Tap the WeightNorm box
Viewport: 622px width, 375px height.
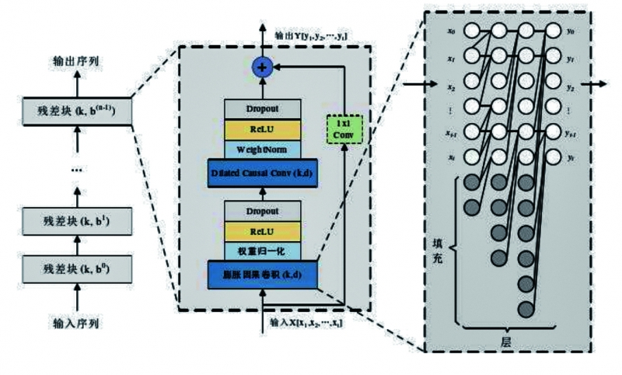[x=260, y=148]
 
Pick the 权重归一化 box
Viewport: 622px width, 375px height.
[x=260, y=251]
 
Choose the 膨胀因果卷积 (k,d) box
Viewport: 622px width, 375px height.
[x=260, y=275]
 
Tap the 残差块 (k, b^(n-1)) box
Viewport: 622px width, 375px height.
[x=76, y=110]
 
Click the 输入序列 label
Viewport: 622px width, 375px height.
[x=76, y=322]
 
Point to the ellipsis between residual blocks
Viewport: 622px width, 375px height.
[x=76, y=168]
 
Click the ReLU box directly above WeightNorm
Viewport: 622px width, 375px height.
[x=260, y=126]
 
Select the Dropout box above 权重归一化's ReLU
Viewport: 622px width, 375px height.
[x=260, y=209]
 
